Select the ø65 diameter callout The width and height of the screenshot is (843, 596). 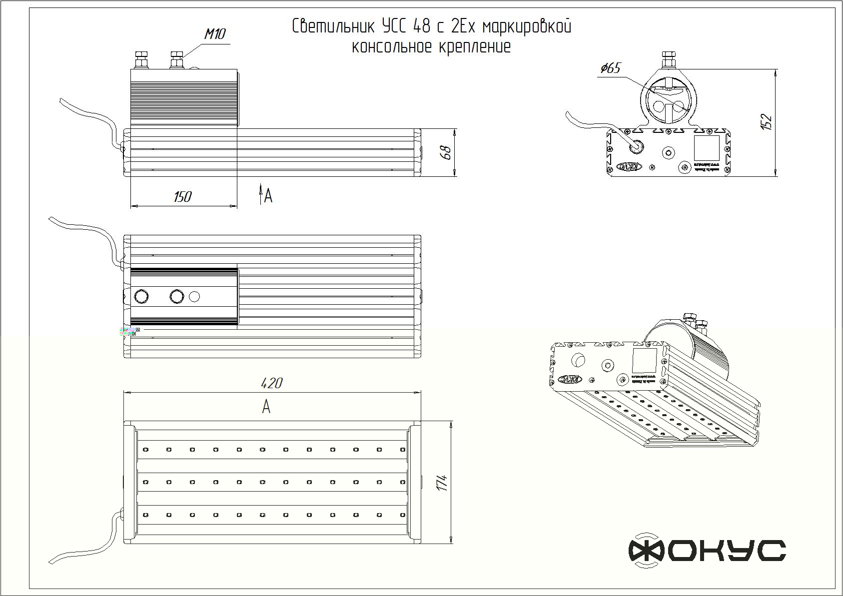click(x=611, y=68)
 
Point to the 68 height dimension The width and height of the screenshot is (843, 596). click(x=447, y=152)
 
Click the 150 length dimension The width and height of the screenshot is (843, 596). click(x=182, y=197)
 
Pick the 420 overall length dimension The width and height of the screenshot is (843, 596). click(x=272, y=383)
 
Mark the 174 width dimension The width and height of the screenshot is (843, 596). click(x=442, y=483)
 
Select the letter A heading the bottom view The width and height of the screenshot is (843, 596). click(x=266, y=407)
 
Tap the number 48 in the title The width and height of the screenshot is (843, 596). click(x=421, y=26)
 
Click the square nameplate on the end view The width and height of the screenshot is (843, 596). click(x=706, y=147)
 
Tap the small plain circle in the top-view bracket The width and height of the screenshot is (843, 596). click(x=195, y=297)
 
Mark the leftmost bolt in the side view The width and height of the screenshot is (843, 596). click(x=140, y=59)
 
